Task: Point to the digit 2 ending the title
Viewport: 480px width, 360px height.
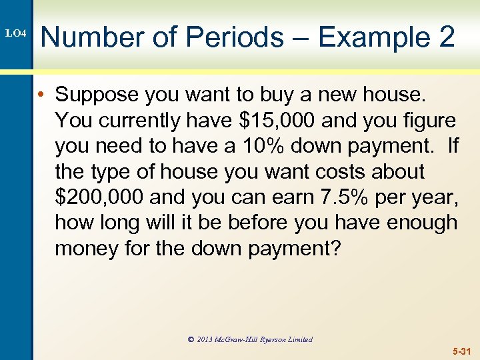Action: pyautogui.click(x=447, y=37)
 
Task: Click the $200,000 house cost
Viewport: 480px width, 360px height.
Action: pyautogui.click(x=99, y=197)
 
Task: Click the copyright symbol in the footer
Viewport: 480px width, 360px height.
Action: pyautogui.click(x=191, y=340)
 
